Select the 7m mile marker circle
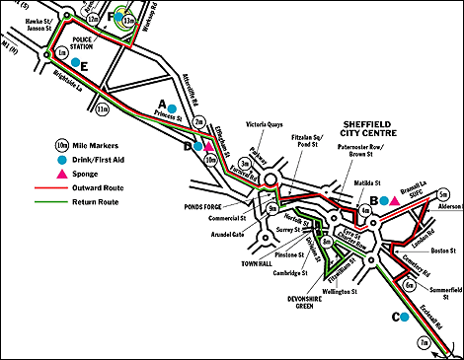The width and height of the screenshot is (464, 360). point(425,342)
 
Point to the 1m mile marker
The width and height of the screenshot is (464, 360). point(62,51)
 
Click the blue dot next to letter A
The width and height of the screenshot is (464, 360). point(173,106)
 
